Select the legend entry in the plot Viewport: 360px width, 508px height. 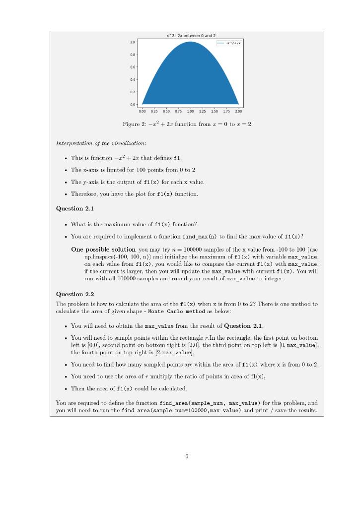tap(229, 44)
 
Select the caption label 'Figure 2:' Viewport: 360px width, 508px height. tap(132, 124)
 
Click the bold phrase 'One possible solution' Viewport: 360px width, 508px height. tap(103, 249)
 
